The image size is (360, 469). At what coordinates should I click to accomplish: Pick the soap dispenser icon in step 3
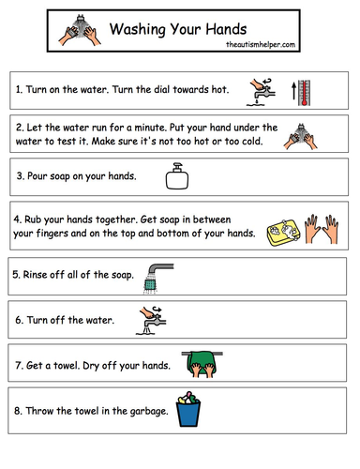coord(176,174)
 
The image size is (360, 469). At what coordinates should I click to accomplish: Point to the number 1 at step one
coord(20,90)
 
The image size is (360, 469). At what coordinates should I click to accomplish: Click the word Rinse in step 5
coord(37,275)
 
